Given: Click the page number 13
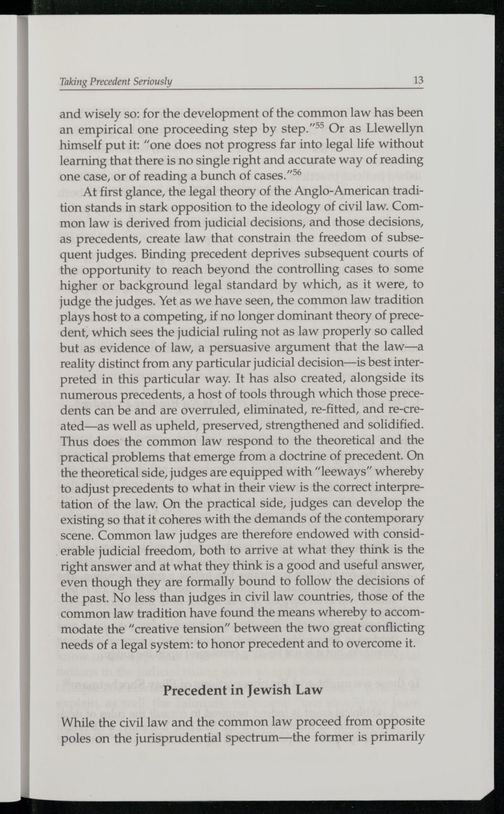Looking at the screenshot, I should tap(418, 81).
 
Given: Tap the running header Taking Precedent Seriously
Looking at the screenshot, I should tap(116, 82).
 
